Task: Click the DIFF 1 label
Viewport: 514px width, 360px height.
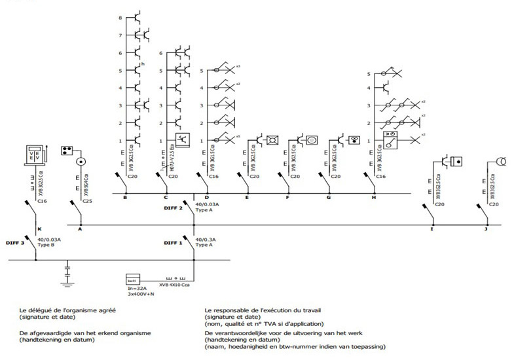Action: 173,243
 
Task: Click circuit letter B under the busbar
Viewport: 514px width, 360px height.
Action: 124,197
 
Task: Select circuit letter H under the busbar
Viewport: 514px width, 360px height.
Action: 373,197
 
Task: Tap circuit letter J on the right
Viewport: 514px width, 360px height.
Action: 486,229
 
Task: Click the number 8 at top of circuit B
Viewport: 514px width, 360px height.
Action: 120,18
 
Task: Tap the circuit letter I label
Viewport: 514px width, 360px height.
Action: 431,229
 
